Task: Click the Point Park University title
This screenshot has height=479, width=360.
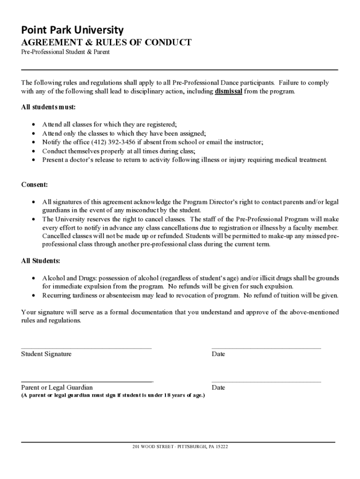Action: pyautogui.click(x=72, y=30)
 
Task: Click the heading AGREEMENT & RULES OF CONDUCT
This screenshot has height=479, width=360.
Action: pyautogui.click(x=106, y=43)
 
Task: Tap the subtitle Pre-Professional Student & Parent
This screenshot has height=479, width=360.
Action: pyautogui.click(x=65, y=52)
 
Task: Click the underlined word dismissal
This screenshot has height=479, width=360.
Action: pyautogui.click(x=228, y=92)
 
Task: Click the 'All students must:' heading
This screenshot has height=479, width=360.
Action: pyautogui.click(x=48, y=108)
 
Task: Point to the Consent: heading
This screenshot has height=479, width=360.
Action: pyautogui.click(x=35, y=185)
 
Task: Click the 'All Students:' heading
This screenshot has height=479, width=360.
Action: pyautogui.click(x=41, y=261)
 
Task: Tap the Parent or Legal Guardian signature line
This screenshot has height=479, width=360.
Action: pyautogui.click(x=87, y=382)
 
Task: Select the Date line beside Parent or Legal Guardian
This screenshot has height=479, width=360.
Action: pyautogui.click(x=266, y=382)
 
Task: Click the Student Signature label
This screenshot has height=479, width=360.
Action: pyautogui.click(x=46, y=354)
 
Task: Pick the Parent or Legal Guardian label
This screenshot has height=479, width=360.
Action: pyautogui.click(x=57, y=388)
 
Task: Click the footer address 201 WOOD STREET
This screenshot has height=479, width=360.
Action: pyautogui.click(x=180, y=447)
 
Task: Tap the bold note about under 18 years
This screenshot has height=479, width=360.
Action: pyautogui.click(x=113, y=395)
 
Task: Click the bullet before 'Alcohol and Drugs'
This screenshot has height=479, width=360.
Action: pyautogui.click(x=33, y=278)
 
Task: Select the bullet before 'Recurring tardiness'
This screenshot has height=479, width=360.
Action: pyautogui.click(x=33, y=296)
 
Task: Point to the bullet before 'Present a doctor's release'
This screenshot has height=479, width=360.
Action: pyautogui.click(x=33, y=160)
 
